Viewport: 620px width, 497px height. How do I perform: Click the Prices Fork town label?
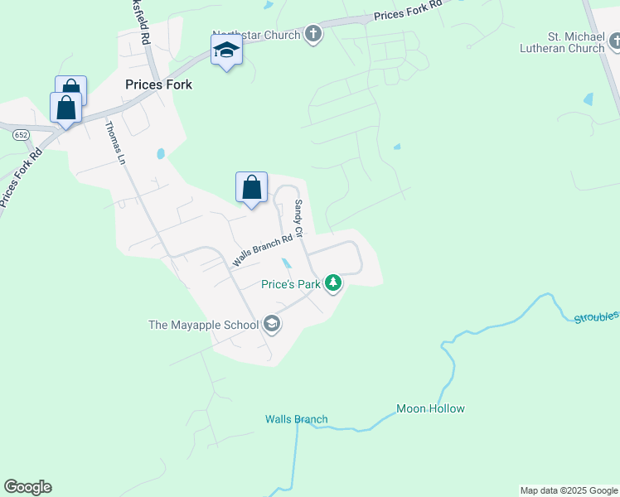[158, 84]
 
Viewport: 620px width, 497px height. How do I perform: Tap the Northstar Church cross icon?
[313, 34]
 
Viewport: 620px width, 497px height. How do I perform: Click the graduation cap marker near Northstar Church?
[226, 51]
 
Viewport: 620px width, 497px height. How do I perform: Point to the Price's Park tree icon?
[333, 284]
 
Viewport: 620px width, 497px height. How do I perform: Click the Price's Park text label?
[290, 284]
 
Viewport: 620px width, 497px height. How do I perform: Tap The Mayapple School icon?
[271, 325]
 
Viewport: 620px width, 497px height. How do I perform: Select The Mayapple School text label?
[204, 325]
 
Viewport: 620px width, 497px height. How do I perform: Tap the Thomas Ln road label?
[115, 142]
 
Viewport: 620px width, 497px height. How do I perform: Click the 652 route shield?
[22, 134]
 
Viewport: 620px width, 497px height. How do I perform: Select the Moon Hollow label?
[430, 408]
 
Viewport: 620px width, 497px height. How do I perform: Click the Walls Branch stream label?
[297, 419]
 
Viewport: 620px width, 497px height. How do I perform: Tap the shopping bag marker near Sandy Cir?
[251, 188]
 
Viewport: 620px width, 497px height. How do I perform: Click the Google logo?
[27, 487]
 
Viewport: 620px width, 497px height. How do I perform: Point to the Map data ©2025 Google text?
[569, 490]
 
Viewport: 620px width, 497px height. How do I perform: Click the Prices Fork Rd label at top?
[407, 12]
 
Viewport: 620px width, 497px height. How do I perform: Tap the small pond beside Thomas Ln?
[160, 153]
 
